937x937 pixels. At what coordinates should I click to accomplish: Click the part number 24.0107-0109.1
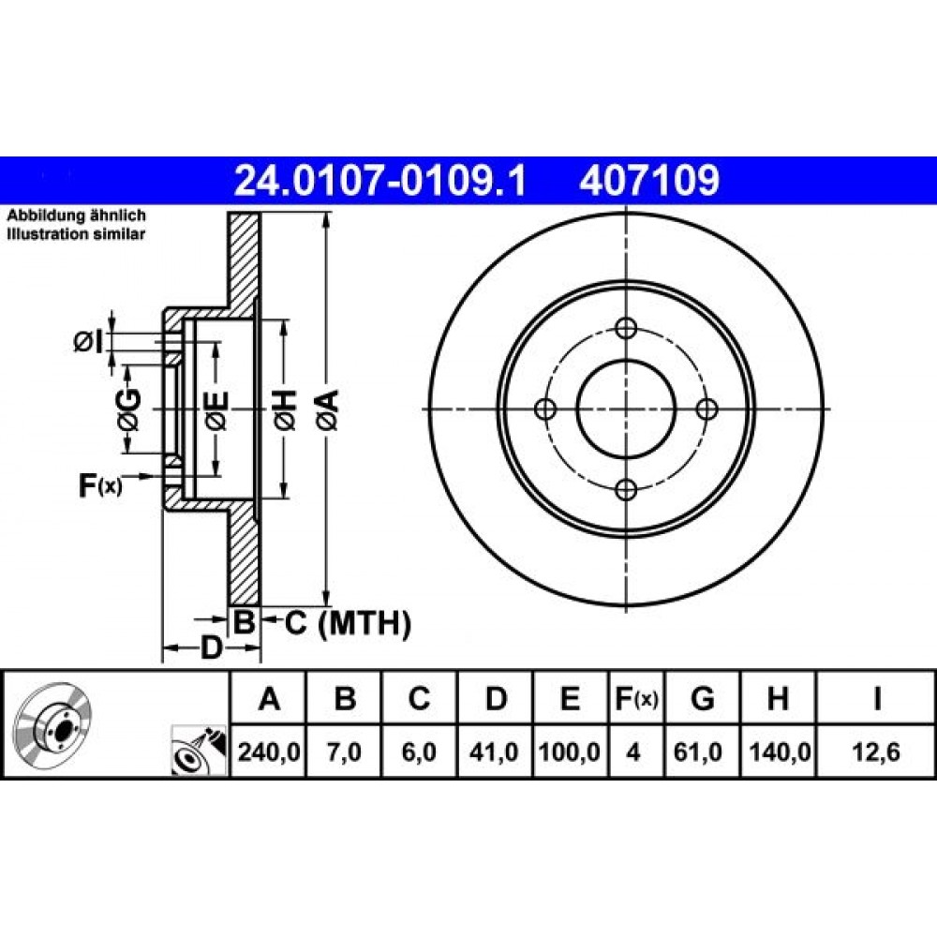(380, 180)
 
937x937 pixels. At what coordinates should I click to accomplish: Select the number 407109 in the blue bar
(649, 180)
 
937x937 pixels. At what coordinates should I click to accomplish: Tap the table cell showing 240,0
(269, 751)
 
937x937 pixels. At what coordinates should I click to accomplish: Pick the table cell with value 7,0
(344, 751)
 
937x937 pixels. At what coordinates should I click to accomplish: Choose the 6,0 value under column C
(419, 751)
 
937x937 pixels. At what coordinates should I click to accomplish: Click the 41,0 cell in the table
(494, 751)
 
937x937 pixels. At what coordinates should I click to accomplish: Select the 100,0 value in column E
(570, 751)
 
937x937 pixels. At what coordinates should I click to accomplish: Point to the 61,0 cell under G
(697, 751)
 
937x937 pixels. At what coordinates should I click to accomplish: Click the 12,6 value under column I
(876, 751)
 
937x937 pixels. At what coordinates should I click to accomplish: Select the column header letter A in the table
(270, 698)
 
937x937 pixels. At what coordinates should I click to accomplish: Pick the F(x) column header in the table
(636, 698)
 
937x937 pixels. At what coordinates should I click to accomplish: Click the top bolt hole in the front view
(626, 329)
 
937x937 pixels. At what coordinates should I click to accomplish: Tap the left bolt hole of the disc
(545, 410)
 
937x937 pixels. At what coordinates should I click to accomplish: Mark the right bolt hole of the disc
(707, 410)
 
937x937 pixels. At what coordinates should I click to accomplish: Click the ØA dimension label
(329, 409)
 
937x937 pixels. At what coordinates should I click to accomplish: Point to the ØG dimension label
(129, 410)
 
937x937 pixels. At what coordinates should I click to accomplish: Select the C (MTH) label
(348, 623)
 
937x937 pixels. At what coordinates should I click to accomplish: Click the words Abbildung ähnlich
(76, 216)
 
